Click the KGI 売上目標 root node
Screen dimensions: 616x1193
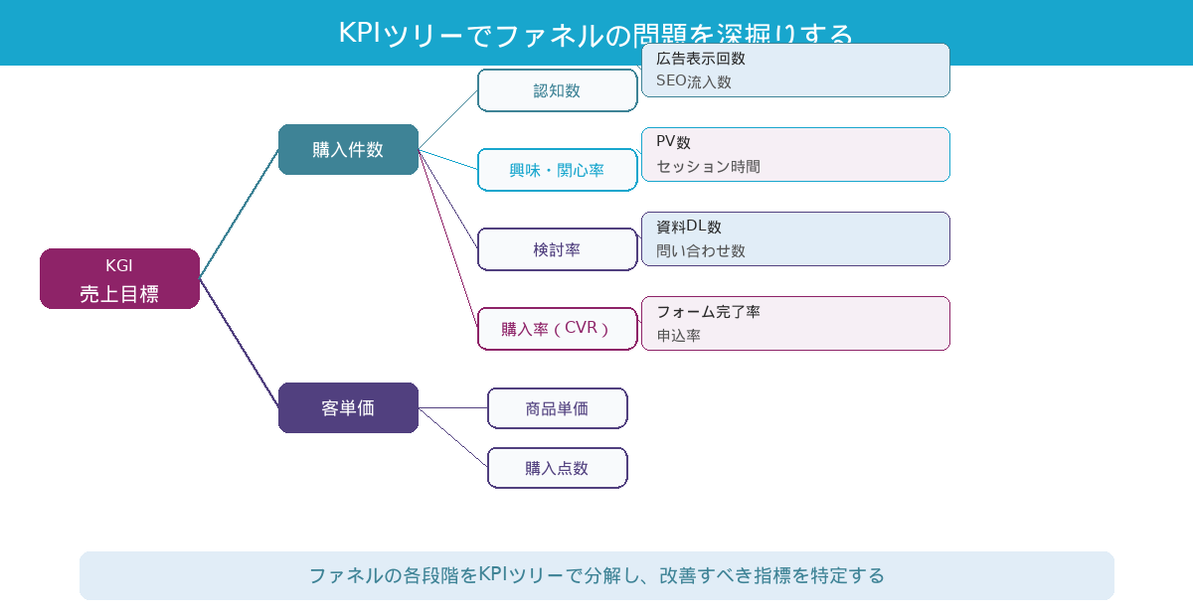[x=119, y=279]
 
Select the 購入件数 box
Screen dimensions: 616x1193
[x=348, y=150]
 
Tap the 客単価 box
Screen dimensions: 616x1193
[x=348, y=408]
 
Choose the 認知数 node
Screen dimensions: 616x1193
[x=557, y=90]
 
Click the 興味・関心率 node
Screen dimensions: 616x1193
[x=557, y=170]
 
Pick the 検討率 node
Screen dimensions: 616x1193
[x=557, y=249]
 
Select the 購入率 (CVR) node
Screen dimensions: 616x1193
[x=557, y=329]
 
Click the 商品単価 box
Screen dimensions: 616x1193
[x=557, y=408]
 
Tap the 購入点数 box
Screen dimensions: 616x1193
[x=557, y=468]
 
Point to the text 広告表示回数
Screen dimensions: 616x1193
[x=701, y=59]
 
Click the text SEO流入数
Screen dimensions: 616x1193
[x=693, y=82]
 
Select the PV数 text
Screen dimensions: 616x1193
[x=673, y=142]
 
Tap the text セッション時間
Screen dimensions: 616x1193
[x=708, y=167]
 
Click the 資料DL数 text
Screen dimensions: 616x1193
[x=688, y=227]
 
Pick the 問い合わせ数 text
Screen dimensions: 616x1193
[x=701, y=251]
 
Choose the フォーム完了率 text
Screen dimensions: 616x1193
[x=708, y=312]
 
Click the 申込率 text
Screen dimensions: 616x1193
[x=678, y=336]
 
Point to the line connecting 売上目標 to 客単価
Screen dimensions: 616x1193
[x=239, y=344]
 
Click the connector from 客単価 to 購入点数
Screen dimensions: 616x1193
[x=453, y=438]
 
